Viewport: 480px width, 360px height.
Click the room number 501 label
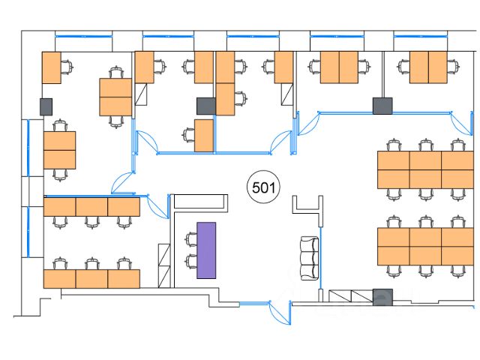click(x=263, y=187)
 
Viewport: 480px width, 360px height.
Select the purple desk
click(x=206, y=250)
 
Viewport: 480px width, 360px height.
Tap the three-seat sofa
click(x=310, y=258)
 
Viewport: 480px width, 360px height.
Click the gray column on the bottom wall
click(x=382, y=297)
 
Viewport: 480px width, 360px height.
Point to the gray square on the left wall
click(x=46, y=106)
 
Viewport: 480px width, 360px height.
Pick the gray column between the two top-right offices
click(x=382, y=106)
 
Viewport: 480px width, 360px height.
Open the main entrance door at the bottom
click(x=280, y=312)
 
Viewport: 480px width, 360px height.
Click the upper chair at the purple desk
click(x=190, y=239)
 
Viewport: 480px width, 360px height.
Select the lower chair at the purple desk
click(x=190, y=262)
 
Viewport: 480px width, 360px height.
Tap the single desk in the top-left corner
click(x=52, y=67)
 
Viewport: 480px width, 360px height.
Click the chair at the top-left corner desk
click(x=67, y=67)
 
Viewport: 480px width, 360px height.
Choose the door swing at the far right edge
click(x=461, y=123)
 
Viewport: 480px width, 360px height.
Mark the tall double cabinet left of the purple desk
click(x=164, y=265)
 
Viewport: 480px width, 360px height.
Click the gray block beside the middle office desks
click(x=206, y=106)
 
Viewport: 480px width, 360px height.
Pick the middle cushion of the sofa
click(x=310, y=258)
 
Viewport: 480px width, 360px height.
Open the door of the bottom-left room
click(x=157, y=206)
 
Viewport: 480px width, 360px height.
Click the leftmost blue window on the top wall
click(x=83, y=37)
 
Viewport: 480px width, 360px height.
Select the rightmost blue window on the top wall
click(x=420, y=37)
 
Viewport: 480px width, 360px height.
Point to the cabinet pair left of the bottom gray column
click(x=351, y=296)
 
